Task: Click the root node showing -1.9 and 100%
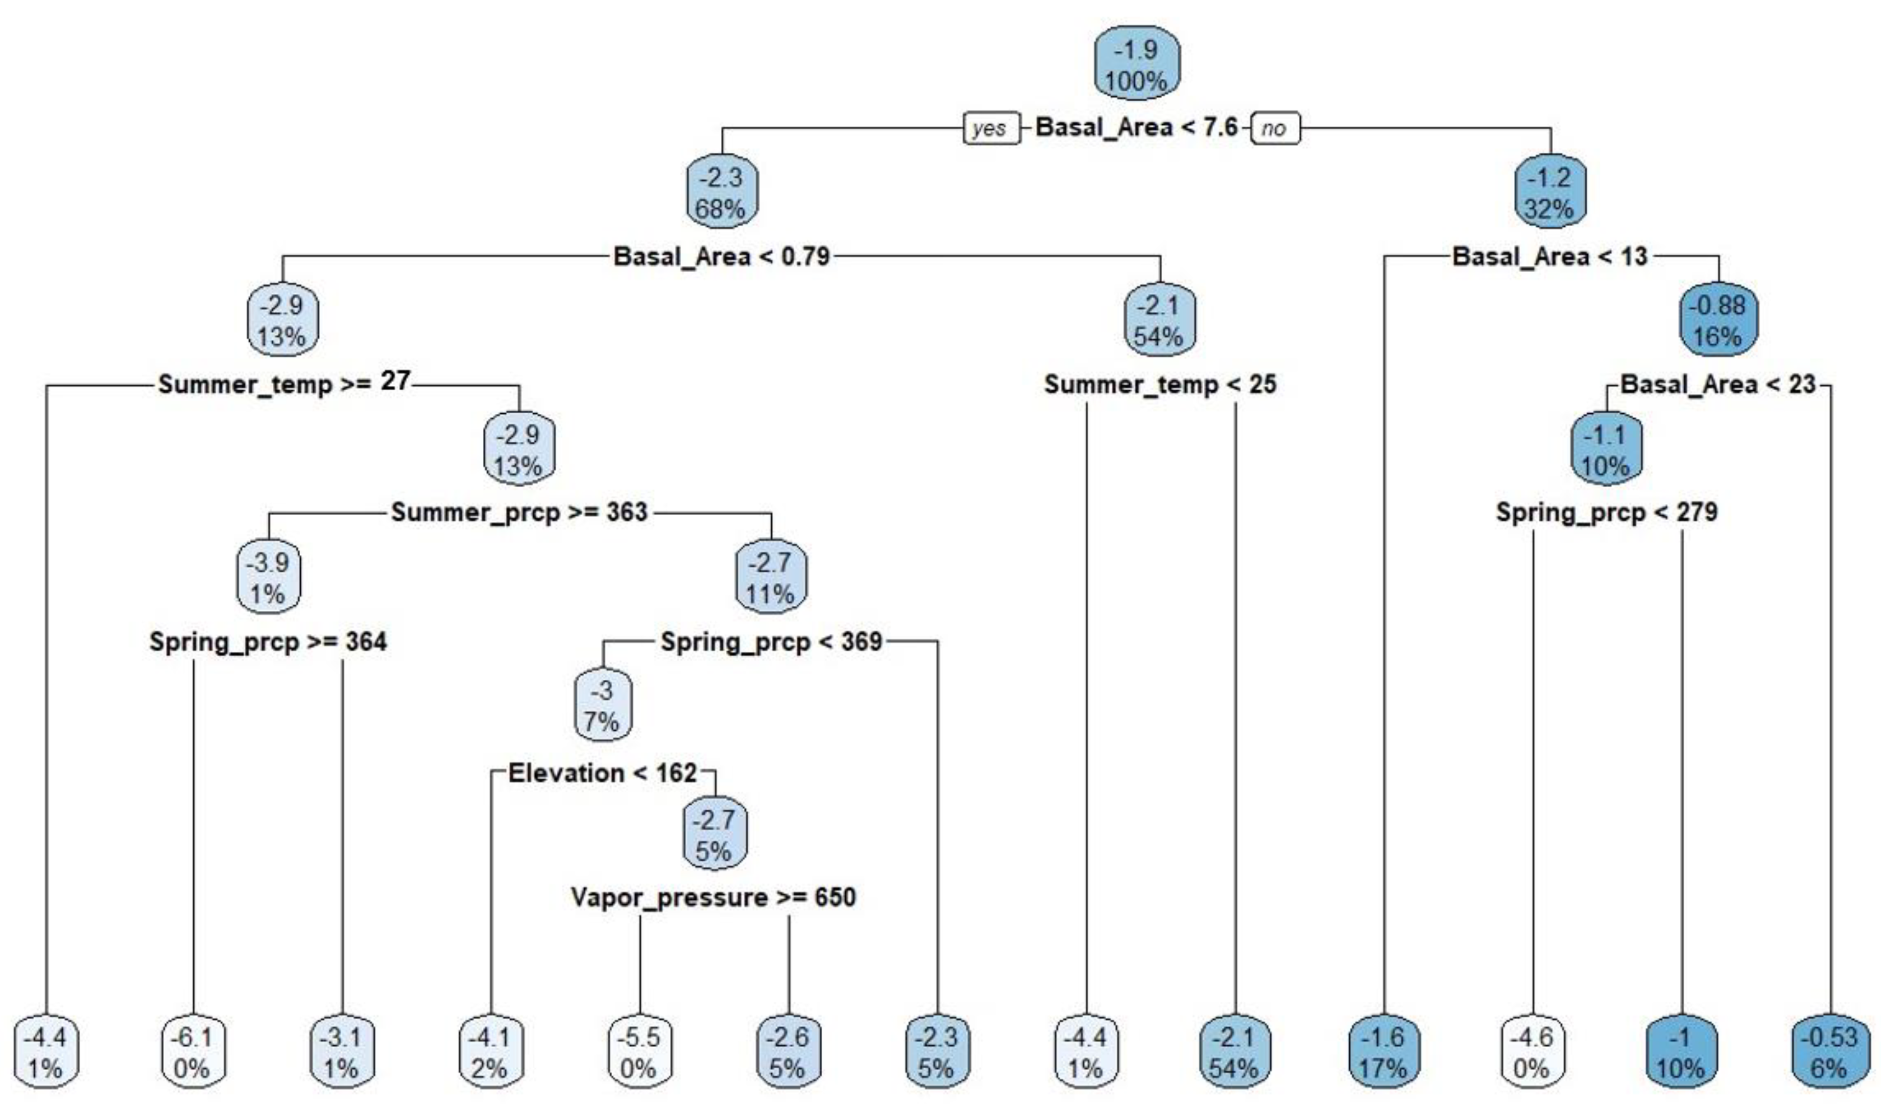click(x=1137, y=64)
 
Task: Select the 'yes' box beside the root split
click(x=991, y=128)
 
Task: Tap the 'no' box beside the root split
click(x=1275, y=128)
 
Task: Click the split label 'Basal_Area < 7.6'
click(x=1136, y=128)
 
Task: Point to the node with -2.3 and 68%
click(x=722, y=192)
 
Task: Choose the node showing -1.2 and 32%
click(x=1550, y=192)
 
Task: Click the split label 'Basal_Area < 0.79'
click(x=722, y=256)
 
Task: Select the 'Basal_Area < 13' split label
click(x=1550, y=256)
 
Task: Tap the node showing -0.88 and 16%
click(x=1718, y=320)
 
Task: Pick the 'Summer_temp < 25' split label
click(x=1160, y=385)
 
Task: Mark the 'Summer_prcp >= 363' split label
click(x=519, y=512)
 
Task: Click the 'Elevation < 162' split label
click(x=603, y=773)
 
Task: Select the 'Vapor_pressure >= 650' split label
click(x=714, y=897)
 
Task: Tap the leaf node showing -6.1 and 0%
click(x=193, y=1052)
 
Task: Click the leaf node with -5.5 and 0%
click(x=639, y=1052)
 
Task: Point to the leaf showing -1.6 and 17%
click(x=1383, y=1052)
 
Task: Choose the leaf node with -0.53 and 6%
click(x=1829, y=1052)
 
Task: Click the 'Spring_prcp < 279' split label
click(x=1607, y=512)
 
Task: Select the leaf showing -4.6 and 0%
click(x=1532, y=1052)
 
